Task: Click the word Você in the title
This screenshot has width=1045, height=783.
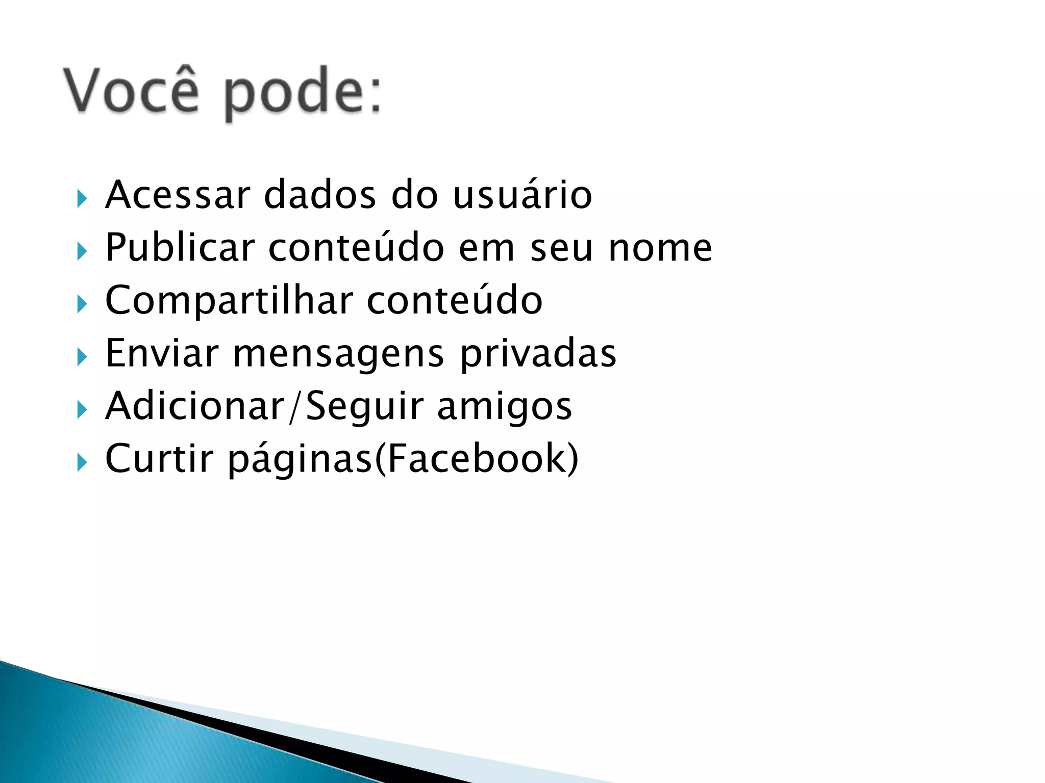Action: click(x=131, y=90)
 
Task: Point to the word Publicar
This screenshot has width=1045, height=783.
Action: click(x=180, y=248)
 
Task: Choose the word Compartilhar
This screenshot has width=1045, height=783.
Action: click(x=229, y=301)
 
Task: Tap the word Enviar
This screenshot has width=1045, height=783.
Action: click(x=162, y=353)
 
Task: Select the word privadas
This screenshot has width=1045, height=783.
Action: click(x=538, y=354)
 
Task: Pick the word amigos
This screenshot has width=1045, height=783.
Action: click(x=505, y=407)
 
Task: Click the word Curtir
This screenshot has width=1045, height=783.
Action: click(x=159, y=458)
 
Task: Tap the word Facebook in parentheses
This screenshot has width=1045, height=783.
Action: click(x=480, y=458)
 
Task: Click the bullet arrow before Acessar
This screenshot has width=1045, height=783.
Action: click(x=82, y=198)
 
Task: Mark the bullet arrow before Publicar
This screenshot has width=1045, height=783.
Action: click(x=82, y=251)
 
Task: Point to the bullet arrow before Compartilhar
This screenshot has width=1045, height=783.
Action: click(x=82, y=304)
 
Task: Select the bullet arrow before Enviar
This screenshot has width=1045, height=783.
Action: click(x=82, y=357)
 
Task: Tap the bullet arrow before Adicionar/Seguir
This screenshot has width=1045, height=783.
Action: click(x=82, y=410)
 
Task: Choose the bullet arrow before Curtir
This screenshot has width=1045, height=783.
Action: click(x=82, y=462)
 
